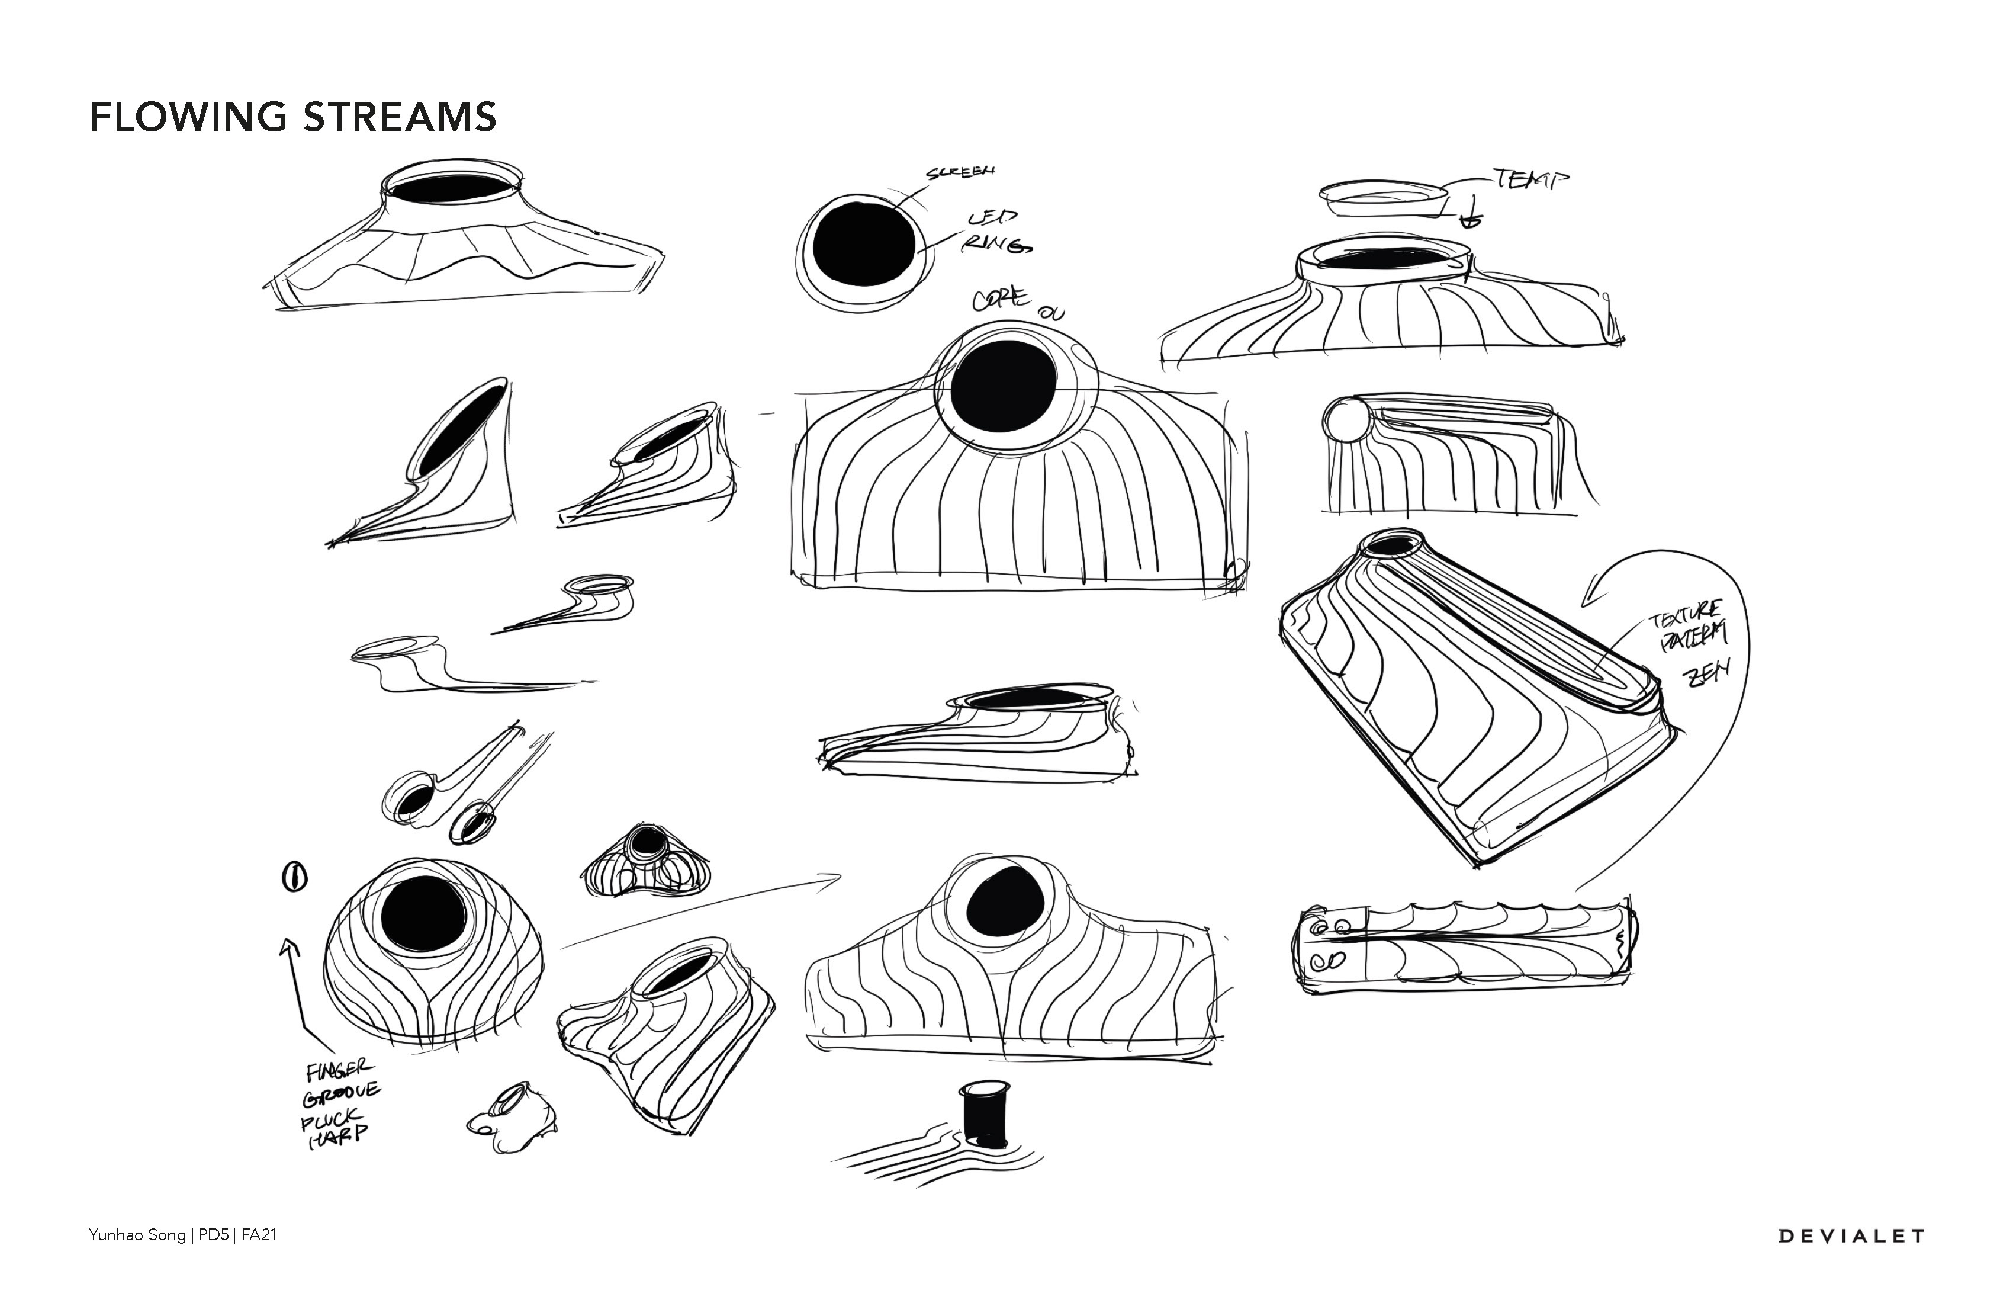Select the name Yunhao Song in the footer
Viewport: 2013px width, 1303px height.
tap(137, 1235)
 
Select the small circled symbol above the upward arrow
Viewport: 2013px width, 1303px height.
tap(294, 877)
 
